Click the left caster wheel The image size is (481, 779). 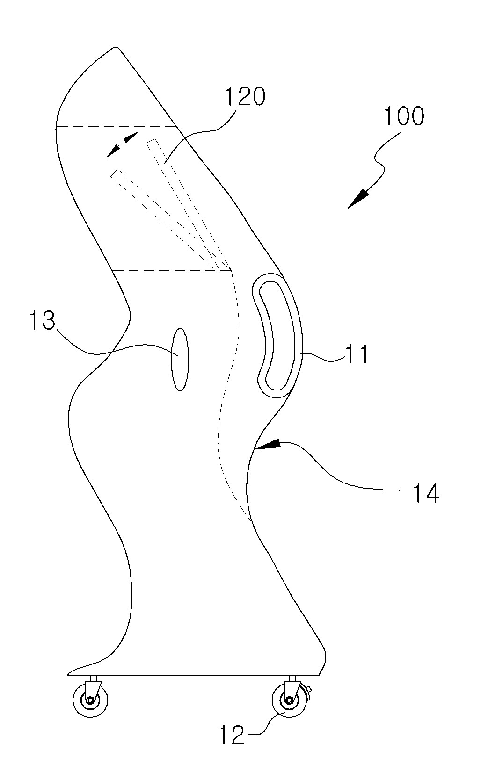point(90,700)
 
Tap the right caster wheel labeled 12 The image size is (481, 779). point(289,700)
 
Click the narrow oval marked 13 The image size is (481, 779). point(180,359)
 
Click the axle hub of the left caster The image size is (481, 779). point(90,700)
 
